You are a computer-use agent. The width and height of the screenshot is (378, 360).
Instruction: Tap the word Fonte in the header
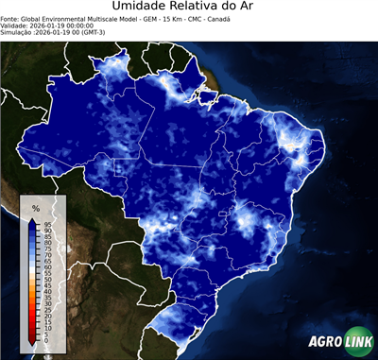pos(10,19)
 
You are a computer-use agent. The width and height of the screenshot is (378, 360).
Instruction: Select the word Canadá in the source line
pos(219,19)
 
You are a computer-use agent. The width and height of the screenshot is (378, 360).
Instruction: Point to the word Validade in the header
pos(16,26)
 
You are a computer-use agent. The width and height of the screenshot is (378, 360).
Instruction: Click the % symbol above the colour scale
pos(35,208)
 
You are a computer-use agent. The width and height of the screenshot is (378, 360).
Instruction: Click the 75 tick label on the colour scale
pos(46,249)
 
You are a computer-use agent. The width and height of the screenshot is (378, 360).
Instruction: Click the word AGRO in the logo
pos(324,342)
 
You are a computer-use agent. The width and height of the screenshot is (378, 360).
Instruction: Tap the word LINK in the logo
pos(357,342)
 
